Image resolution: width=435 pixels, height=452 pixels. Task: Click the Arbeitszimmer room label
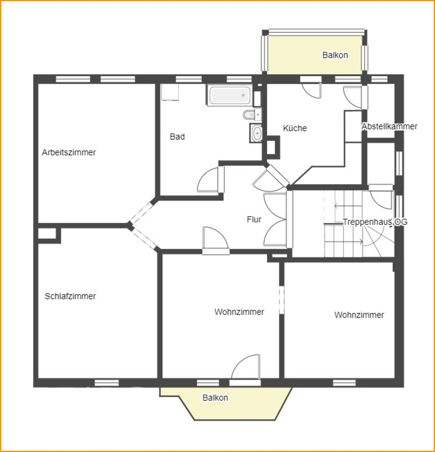(69, 152)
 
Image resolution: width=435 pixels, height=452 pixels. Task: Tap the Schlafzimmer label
(70, 296)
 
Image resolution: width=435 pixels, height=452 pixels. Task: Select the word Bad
(177, 137)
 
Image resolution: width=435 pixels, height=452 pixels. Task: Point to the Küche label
(295, 128)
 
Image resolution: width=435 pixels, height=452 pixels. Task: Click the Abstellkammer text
(389, 126)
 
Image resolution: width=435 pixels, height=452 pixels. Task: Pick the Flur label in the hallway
(254, 219)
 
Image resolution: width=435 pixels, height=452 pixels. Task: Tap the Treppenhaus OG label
(375, 222)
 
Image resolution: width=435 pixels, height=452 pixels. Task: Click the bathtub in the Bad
(229, 95)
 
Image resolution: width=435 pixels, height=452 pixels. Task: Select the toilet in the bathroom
(252, 114)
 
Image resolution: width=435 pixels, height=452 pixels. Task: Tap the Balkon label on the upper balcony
(335, 55)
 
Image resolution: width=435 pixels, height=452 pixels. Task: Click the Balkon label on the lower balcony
(215, 398)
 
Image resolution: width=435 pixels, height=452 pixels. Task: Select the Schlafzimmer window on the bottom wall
(107, 383)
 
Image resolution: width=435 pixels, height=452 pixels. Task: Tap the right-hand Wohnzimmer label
(359, 315)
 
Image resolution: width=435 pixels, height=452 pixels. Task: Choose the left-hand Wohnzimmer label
(239, 312)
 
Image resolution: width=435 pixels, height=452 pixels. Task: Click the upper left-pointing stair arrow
(348, 206)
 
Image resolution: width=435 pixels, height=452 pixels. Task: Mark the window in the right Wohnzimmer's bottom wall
(344, 383)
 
